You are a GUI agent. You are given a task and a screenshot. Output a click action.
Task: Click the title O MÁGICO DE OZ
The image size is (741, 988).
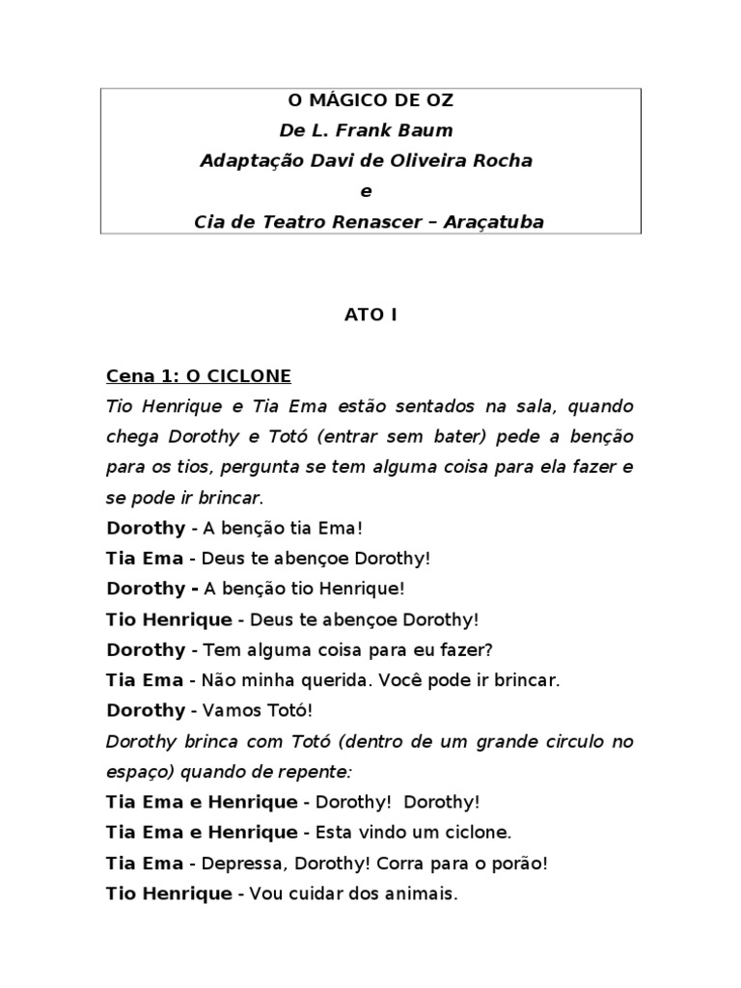370,100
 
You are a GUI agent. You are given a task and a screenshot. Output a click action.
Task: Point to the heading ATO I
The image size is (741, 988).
370,314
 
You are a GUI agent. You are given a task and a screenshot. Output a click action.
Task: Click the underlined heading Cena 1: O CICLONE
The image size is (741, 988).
199,375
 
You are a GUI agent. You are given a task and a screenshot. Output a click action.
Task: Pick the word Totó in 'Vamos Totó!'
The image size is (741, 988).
287,710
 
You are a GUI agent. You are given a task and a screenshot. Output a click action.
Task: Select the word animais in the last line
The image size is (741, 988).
418,894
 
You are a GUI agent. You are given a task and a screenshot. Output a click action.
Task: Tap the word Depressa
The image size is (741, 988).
237,864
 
